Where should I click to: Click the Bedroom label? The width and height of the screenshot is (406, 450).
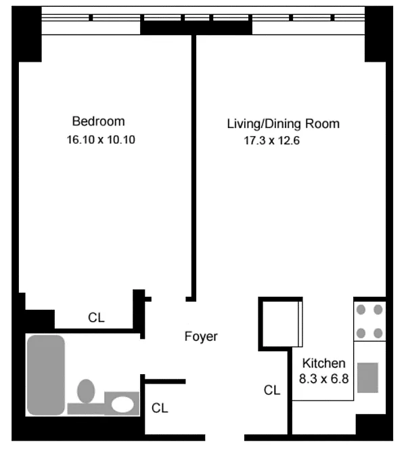point(98,121)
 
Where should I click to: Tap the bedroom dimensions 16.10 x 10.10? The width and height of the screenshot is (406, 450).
point(101,140)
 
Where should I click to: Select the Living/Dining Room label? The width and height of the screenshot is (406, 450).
point(283,124)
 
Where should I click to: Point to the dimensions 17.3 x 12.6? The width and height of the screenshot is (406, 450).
point(271,141)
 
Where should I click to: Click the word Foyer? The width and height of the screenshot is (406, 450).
point(201,337)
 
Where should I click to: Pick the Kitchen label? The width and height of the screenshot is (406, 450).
point(323,363)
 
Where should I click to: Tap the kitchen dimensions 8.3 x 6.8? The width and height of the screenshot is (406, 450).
point(323,379)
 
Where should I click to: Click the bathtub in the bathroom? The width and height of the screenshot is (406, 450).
point(46,375)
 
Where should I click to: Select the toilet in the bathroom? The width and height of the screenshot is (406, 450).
point(86,391)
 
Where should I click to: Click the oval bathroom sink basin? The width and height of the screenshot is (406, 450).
point(122,405)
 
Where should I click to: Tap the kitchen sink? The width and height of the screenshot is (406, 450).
point(367,377)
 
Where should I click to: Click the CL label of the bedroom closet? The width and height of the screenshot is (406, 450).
point(96,318)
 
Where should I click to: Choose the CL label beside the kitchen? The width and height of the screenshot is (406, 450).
point(272,390)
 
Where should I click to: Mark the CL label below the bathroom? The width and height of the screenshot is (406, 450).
point(160,408)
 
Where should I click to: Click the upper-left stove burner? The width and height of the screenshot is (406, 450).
point(361,310)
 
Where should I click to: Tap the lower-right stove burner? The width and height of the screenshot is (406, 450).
point(378,333)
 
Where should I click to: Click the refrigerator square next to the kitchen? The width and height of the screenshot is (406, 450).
point(281,324)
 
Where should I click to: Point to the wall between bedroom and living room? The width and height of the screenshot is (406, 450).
point(194,168)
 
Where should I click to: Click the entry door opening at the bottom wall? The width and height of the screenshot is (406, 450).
point(225,437)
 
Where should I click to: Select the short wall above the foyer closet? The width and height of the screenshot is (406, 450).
point(165,382)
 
